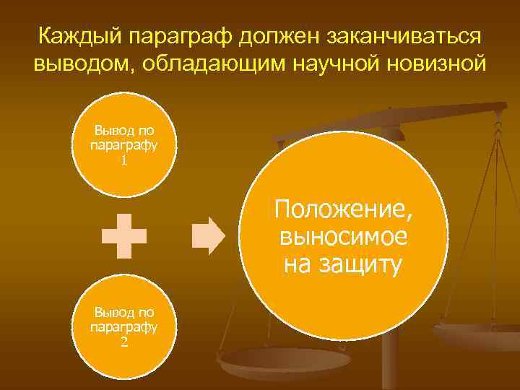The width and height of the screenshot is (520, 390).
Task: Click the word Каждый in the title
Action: coord(76,36)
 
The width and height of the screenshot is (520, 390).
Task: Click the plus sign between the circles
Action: coord(124,236)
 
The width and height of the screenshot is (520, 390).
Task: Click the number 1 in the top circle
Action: coord(124,160)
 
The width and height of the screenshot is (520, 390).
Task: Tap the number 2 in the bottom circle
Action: coord(124,342)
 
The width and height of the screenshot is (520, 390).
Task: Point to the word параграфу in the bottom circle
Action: coord(124,327)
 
